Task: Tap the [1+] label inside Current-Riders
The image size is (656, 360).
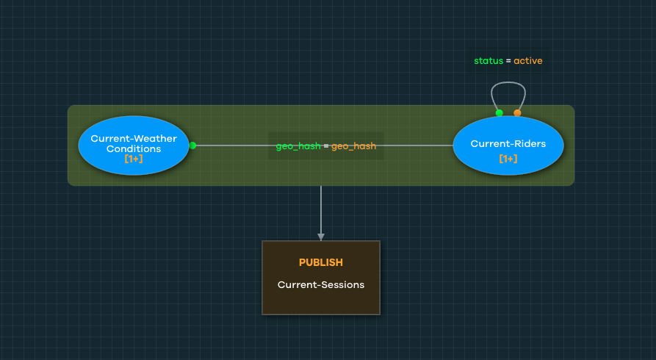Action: coord(508,159)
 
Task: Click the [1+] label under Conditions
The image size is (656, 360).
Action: coord(134,159)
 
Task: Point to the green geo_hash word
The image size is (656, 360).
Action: coord(298,146)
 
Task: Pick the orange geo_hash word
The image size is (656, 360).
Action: coord(353,146)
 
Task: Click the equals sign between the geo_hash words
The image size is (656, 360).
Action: coord(326,146)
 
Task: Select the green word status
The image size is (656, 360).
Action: coord(489,61)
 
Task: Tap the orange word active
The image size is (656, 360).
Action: coord(527,61)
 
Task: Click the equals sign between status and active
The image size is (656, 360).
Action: coord(508,61)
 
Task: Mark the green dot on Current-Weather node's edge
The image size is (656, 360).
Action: coord(192,145)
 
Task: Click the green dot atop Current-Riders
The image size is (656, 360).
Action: coord(499,112)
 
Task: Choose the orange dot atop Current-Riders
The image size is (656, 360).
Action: coord(517,112)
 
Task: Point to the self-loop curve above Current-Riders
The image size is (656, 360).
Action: coord(508,82)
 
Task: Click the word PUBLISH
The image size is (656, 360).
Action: coord(320,262)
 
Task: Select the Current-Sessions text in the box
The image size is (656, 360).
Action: coord(320,284)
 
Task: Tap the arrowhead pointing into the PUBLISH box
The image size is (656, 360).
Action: coord(320,237)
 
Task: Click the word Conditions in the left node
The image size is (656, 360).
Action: coord(134,148)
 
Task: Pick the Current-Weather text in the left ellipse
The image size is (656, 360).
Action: coord(134,138)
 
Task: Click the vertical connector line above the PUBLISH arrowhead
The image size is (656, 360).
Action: coord(320,209)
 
